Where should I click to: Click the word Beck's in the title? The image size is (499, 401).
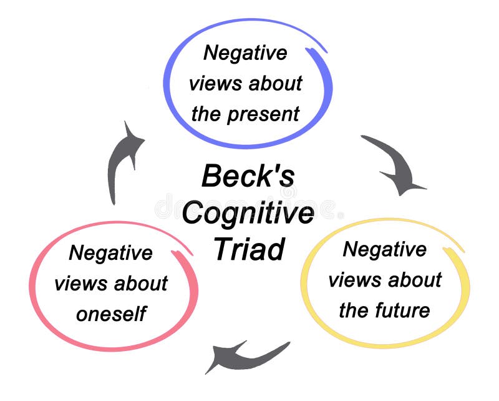(248, 177)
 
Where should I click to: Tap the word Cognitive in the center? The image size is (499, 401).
(248, 214)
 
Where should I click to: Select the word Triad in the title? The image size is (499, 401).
(249, 249)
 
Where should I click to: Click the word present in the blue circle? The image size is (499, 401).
(263, 114)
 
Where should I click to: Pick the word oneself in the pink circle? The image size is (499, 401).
(110, 314)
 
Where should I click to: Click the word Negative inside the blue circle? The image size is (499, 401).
(245, 52)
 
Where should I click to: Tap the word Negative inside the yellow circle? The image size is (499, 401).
(385, 249)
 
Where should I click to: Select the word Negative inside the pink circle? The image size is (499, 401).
(110, 253)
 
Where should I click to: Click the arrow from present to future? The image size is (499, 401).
(394, 164)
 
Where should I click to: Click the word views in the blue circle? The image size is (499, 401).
(213, 84)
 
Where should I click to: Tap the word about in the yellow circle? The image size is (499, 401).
(413, 280)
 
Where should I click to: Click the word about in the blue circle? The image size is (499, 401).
(273, 84)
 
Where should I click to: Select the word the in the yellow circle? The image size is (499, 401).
(353, 310)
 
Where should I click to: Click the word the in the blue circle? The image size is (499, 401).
(206, 114)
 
